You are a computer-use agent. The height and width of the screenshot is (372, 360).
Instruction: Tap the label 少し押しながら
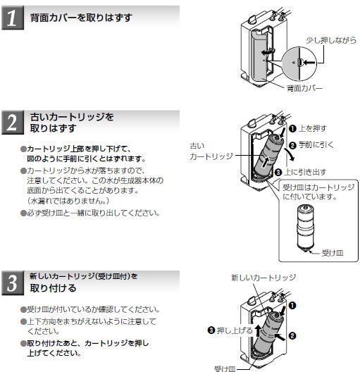coord(328,42)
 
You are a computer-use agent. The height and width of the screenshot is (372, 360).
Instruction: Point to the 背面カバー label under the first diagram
coord(304,89)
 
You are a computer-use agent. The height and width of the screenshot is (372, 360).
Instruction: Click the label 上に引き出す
coord(309,172)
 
